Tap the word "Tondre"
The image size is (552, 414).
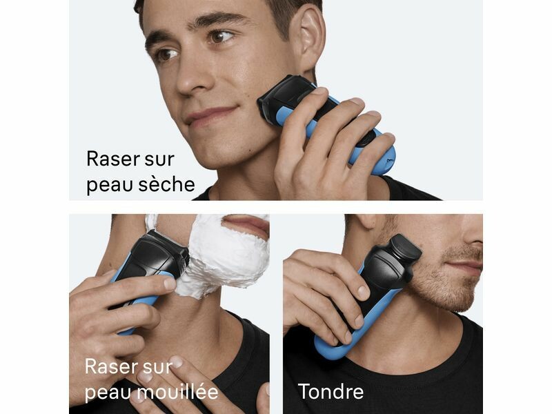coord(331,391)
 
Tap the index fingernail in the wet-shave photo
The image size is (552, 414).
coord(170,284)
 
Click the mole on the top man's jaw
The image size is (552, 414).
coord(250,145)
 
